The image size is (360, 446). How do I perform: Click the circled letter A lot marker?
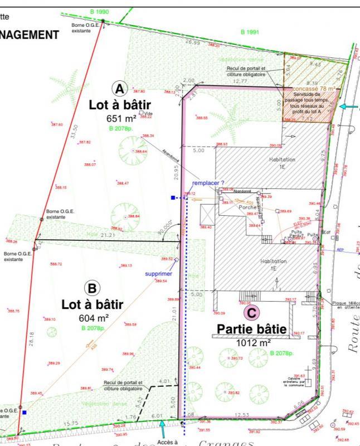(x=120, y=88)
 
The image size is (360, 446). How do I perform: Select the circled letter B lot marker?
(x=91, y=288)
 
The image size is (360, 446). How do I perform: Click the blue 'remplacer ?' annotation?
(x=208, y=183)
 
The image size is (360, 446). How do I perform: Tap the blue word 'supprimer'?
(x=158, y=274)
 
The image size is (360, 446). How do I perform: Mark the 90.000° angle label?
(x=166, y=226)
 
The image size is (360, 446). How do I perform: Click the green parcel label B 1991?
(x=250, y=32)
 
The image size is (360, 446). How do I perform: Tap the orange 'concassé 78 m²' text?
(x=314, y=89)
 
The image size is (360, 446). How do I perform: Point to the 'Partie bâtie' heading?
(x=251, y=329)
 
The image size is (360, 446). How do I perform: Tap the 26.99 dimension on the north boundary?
(x=192, y=42)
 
